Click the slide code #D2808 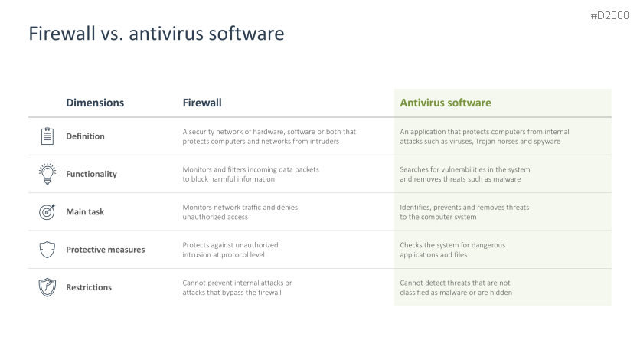click(x=609, y=15)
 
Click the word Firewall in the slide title click(x=62, y=33)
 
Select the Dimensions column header click(x=95, y=103)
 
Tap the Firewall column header click(x=202, y=103)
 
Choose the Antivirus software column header click(x=446, y=103)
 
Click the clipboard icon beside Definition click(x=47, y=136)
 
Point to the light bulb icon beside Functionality click(x=47, y=174)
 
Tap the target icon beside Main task click(x=47, y=212)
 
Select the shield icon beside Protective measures click(x=47, y=250)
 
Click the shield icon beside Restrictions click(x=47, y=287)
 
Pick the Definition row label click(x=85, y=136)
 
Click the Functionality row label click(x=91, y=175)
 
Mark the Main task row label click(x=85, y=212)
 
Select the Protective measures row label click(x=106, y=250)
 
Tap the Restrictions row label click(x=89, y=287)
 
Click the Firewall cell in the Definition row click(x=269, y=136)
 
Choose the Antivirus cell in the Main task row click(x=464, y=212)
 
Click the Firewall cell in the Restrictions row click(x=237, y=287)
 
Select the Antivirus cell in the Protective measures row click(x=452, y=250)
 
